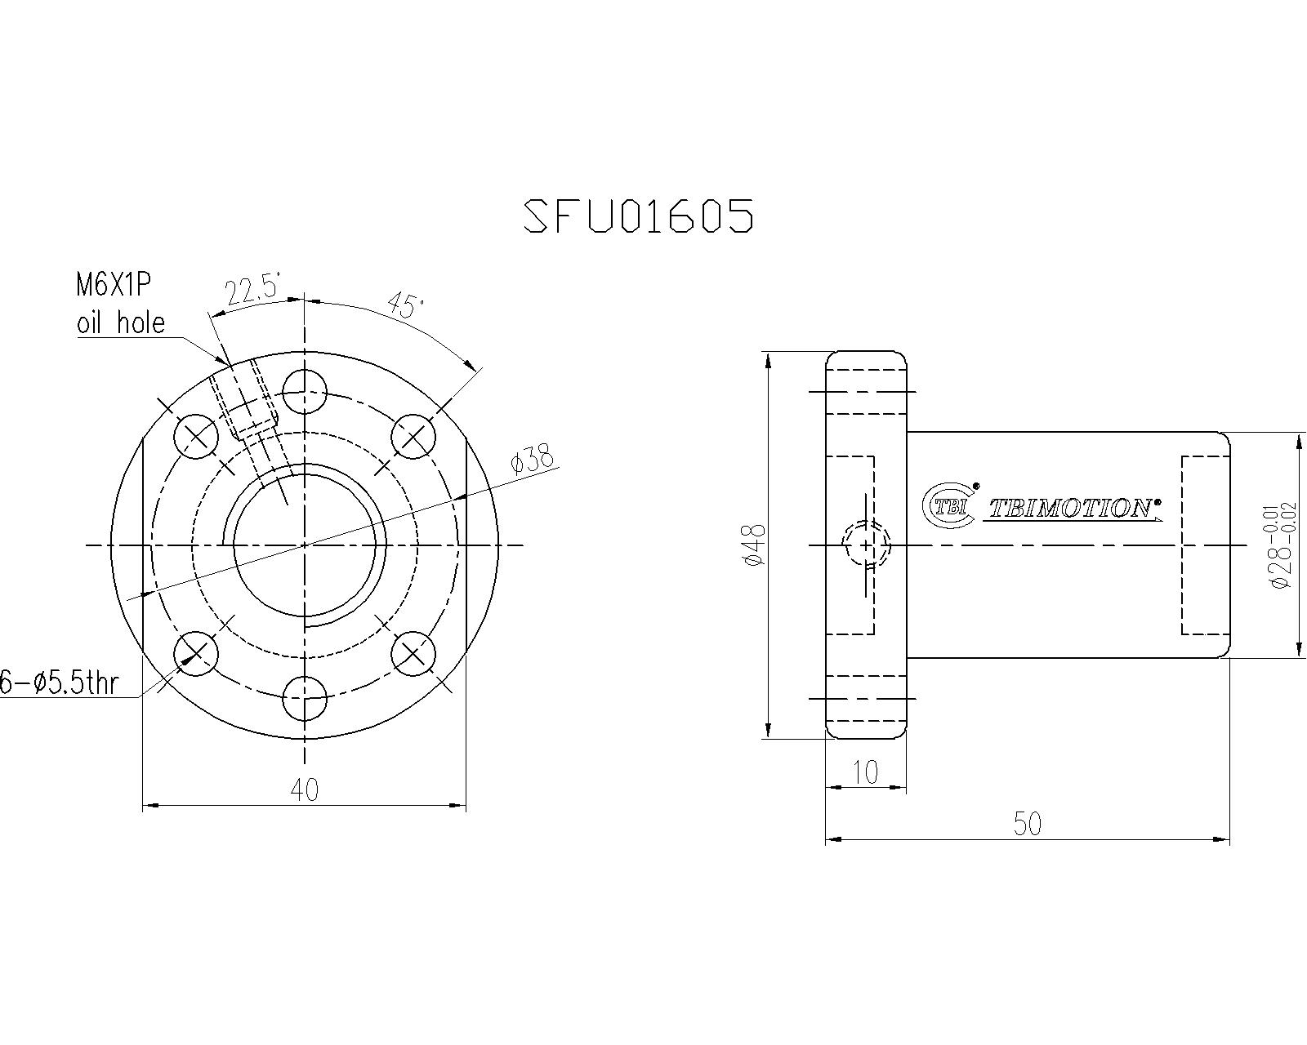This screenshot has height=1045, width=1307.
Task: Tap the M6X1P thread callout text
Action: coord(114,285)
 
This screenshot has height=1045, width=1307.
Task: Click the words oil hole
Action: coord(120,323)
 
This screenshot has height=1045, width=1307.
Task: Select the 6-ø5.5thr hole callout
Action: coord(59,683)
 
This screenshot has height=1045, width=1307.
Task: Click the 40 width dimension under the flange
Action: coord(304,789)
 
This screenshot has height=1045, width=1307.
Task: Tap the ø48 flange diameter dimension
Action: coord(755,545)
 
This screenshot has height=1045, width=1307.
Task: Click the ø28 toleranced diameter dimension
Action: coord(1279,545)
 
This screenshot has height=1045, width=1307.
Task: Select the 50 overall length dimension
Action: coord(1028,824)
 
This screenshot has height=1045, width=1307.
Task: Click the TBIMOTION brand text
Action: coord(1073,509)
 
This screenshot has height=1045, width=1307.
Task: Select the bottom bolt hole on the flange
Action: coord(305,699)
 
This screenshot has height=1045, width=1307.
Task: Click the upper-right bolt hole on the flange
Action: coord(413,437)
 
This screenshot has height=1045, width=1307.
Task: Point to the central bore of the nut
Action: coord(305,545)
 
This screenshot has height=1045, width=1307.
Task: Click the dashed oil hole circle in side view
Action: coord(866,545)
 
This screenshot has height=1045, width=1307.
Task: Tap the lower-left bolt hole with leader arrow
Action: coord(197,653)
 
